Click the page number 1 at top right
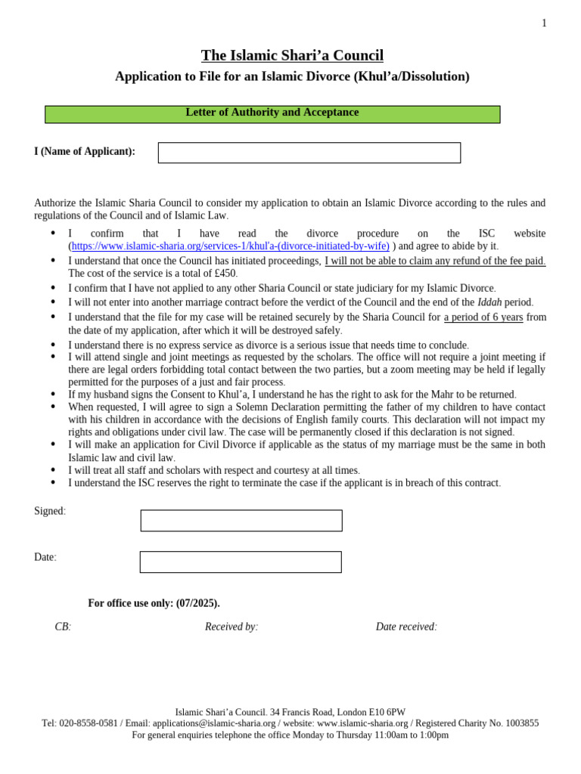coord(544,23)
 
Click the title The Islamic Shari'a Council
coord(292,55)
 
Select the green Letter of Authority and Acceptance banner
coord(272,113)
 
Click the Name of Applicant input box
coord(309,153)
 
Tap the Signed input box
coord(241,520)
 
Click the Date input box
coord(241,562)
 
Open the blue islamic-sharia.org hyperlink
coord(231,246)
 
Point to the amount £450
coord(225,273)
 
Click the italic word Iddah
coord(489,302)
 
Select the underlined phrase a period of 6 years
coord(483,317)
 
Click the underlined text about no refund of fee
coord(435,261)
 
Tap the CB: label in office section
coord(63,627)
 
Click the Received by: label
coord(231,627)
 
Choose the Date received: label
coord(406,627)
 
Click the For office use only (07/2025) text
coord(154,603)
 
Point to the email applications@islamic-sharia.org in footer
coord(214,723)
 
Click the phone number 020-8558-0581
coord(89,723)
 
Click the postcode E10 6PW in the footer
coord(387,712)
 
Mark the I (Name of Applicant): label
coord(85,151)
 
